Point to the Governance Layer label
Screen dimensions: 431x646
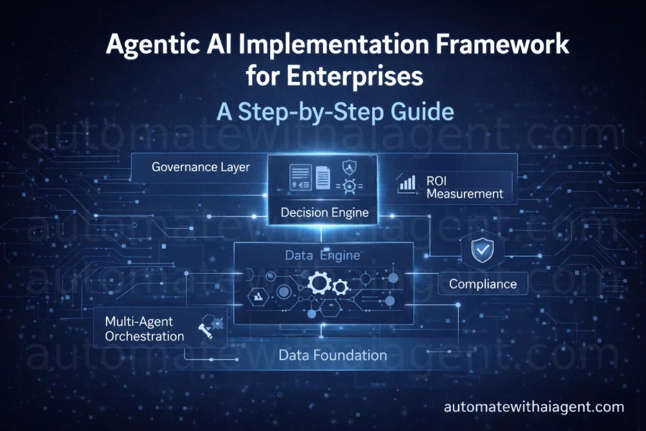coord(200,167)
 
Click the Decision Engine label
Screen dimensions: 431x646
coord(324,212)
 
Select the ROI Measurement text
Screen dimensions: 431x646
coord(464,187)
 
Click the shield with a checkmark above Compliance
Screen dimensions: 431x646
coord(482,250)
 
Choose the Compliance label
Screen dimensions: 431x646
coord(483,284)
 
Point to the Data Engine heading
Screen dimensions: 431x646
coord(322,256)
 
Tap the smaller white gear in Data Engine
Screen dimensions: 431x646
coord(340,287)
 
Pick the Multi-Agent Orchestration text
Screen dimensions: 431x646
coord(144,328)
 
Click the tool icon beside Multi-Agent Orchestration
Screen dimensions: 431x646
coord(209,326)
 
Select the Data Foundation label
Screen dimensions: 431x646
coord(333,355)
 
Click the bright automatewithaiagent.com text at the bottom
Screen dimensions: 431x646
coord(534,407)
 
